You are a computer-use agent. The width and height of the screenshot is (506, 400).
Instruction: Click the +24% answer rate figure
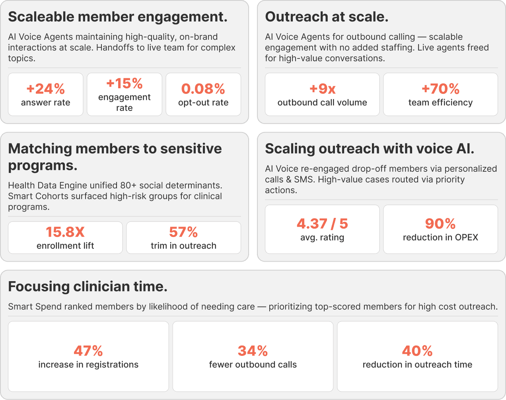point(45,89)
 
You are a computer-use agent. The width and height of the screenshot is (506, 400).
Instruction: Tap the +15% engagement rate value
point(124,83)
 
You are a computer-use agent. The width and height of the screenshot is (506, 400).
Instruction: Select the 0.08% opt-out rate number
point(203,89)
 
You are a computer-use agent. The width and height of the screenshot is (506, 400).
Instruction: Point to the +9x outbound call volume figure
point(322,89)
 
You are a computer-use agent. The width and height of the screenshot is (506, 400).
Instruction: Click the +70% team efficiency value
point(440,89)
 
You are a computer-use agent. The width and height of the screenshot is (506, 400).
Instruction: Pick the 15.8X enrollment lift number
point(65,232)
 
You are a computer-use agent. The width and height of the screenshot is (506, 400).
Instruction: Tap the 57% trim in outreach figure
point(183,232)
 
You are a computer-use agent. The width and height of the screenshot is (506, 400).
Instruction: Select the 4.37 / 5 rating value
point(322,223)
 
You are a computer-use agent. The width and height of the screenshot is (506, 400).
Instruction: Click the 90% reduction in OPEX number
point(440,223)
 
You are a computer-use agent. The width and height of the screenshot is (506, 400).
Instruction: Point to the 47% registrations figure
point(88,351)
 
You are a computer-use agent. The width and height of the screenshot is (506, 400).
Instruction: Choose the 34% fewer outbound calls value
point(253,351)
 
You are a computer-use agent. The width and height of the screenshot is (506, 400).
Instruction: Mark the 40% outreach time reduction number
point(417,351)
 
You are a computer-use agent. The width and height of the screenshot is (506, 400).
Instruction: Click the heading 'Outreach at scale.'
point(327,17)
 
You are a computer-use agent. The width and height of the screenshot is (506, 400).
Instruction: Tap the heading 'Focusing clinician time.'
point(88,286)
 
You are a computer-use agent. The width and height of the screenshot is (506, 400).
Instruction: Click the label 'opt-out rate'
point(203,103)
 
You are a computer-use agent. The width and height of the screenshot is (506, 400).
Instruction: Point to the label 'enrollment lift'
point(65,246)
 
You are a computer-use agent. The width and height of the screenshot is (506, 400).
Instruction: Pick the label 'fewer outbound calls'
point(253,365)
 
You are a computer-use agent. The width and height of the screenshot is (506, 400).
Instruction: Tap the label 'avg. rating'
point(322,237)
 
